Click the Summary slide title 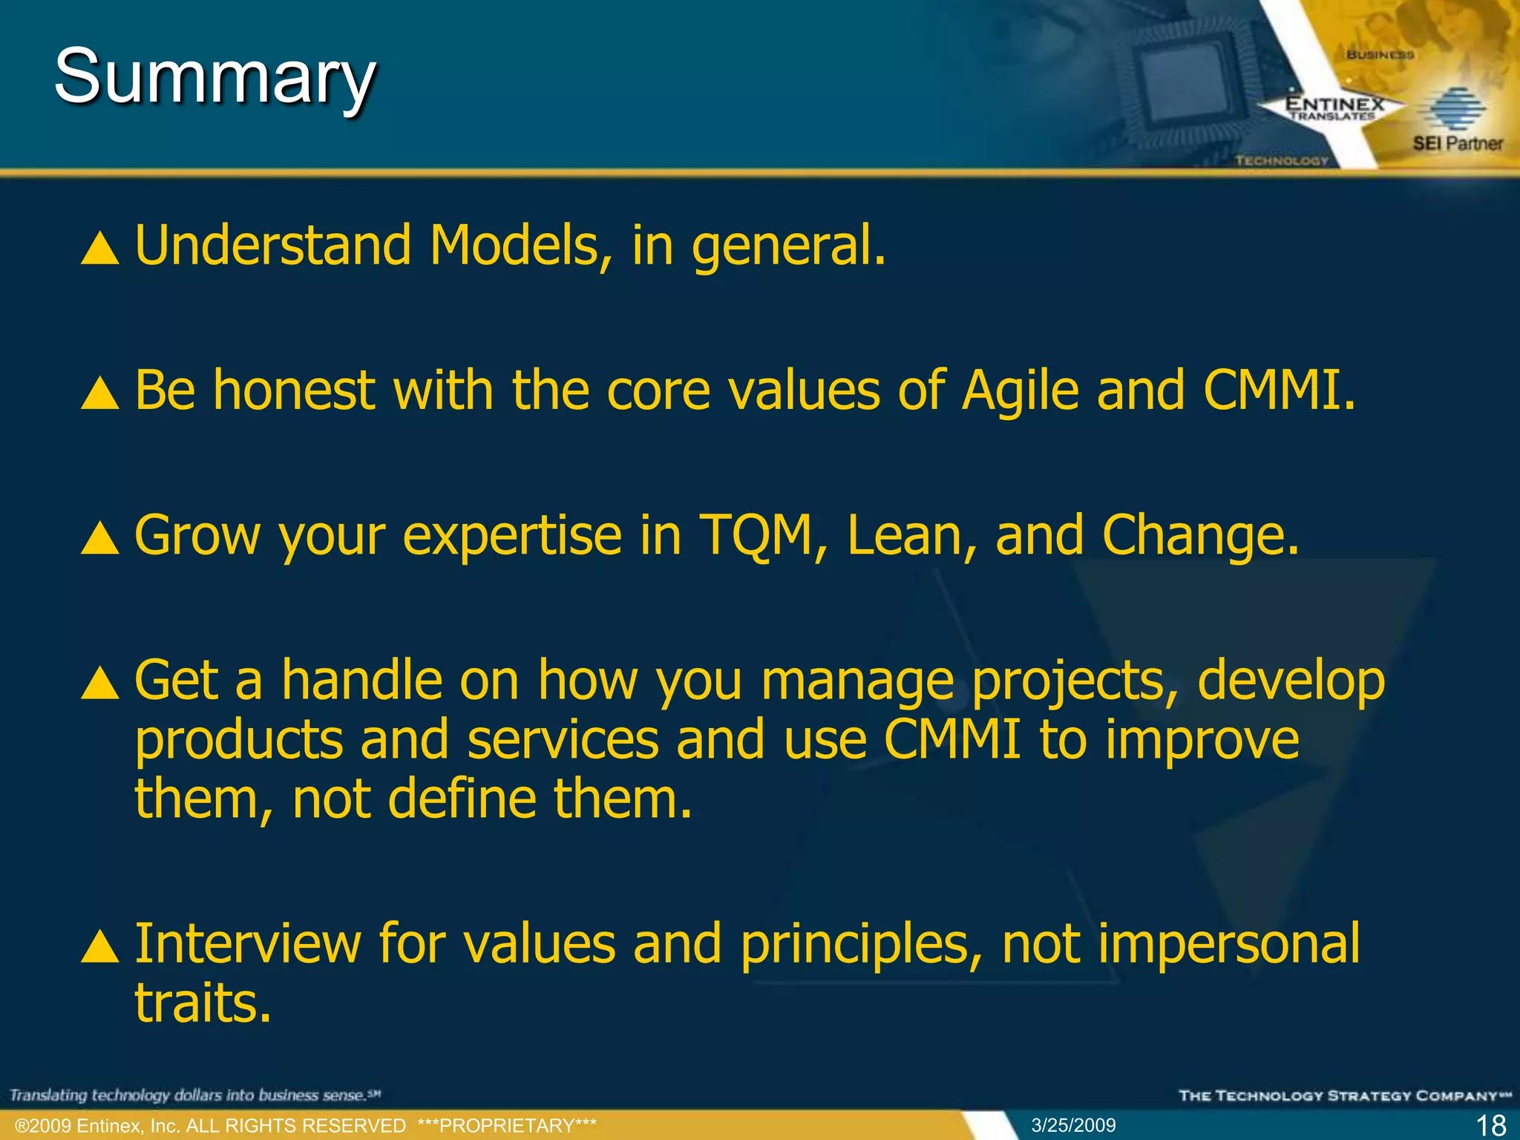[215, 76]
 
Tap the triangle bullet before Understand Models [100, 249]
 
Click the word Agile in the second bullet [1021, 391]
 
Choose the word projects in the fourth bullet [1069, 681]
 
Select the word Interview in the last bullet [247, 944]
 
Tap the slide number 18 [1490, 1125]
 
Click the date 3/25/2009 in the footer [1073, 1125]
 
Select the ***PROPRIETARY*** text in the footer [507, 1126]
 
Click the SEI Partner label [1457, 143]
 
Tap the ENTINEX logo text [1334, 105]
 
